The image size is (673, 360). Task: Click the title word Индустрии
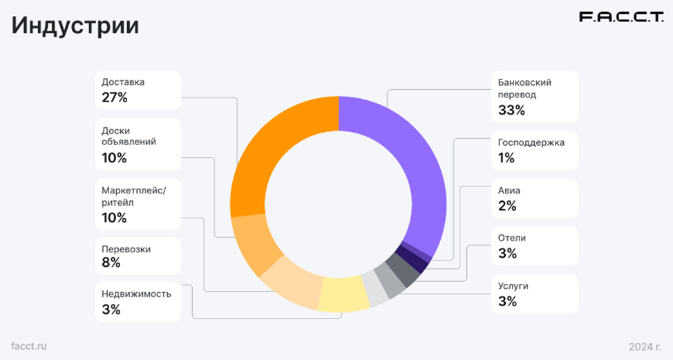coord(75,26)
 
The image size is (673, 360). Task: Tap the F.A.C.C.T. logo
coord(620,18)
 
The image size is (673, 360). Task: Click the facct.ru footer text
coord(30,345)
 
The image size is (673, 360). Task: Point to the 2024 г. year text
coord(645,345)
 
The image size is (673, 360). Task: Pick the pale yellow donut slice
coord(344,294)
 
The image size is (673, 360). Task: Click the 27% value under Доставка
coord(115,97)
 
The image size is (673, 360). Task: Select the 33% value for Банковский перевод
coord(512,110)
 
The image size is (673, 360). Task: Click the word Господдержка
coord(531,142)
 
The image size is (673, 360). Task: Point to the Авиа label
coord(509,189)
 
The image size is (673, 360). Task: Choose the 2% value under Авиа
coord(507,205)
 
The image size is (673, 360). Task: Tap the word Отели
coord(512,238)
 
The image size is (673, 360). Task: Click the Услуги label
coord(513,285)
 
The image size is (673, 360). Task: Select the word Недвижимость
coord(136,294)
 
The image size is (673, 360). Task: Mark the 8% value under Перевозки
coord(111,263)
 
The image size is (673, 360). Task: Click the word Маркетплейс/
coord(133,190)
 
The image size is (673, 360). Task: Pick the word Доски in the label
coord(116,131)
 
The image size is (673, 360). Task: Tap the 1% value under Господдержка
coord(506,158)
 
